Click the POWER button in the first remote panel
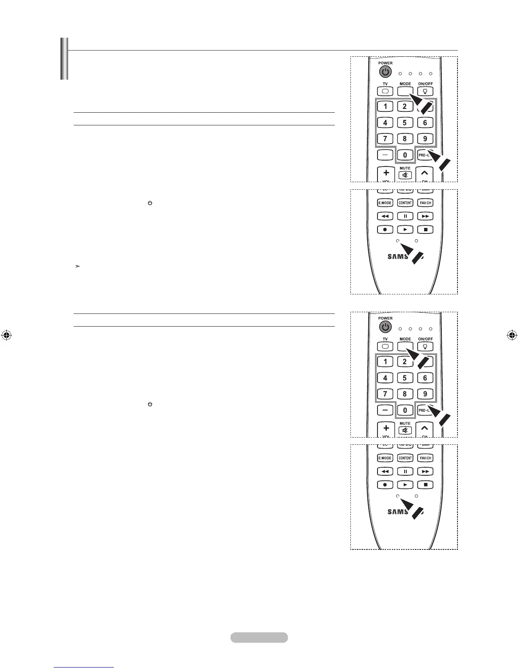(385, 72)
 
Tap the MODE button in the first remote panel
(405, 91)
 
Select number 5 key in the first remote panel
(405, 123)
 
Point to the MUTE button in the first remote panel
(405, 175)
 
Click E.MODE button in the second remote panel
(385, 203)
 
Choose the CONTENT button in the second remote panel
(405, 203)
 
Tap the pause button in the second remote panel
(405, 216)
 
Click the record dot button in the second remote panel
(385, 230)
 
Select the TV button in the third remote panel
(385, 347)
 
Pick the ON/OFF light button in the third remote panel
(425, 347)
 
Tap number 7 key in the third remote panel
(385, 394)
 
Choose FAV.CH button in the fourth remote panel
(425, 458)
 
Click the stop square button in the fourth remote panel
(425, 485)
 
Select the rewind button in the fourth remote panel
(385, 471)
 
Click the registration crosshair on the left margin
(6, 335)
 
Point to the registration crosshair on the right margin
(512, 335)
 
